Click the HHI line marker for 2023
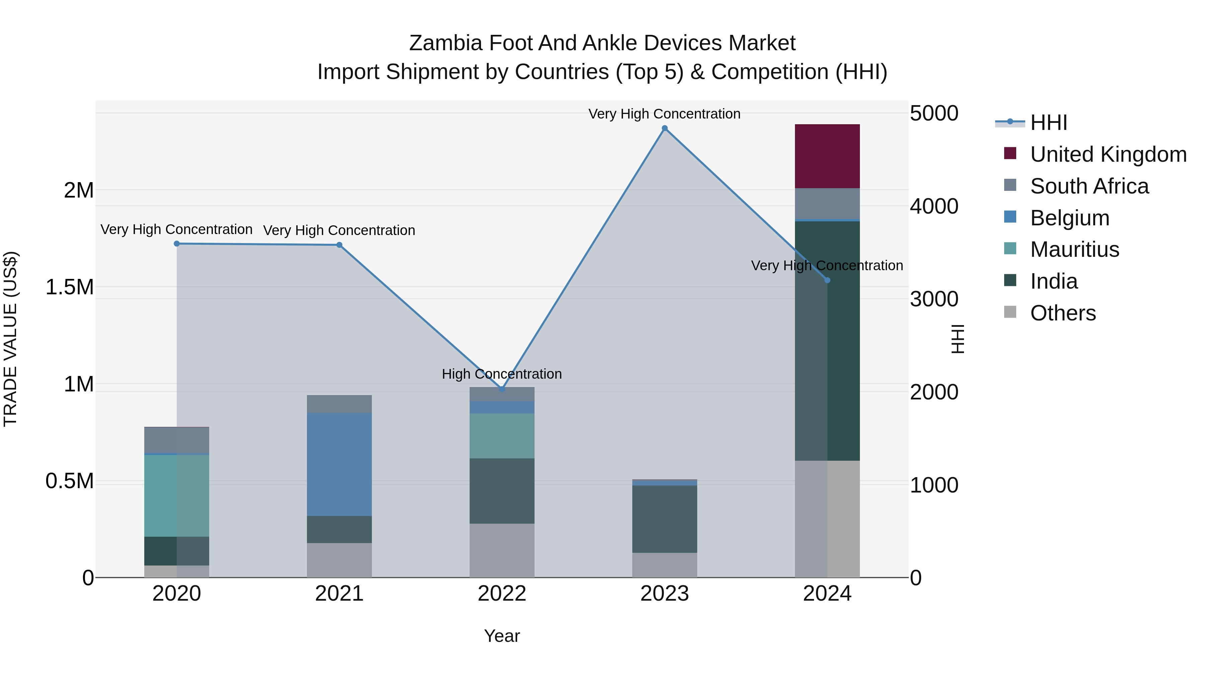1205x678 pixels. pyautogui.click(x=665, y=128)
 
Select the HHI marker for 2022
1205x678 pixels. pyautogui.click(x=502, y=389)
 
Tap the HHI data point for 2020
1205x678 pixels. pyautogui.click(x=177, y=244)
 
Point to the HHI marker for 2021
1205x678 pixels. pyautogui.click(x=340, y=245)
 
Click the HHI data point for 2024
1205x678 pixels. pyautogui.click(x=827, y=280)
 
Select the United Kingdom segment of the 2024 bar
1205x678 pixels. pyautogui.click(x=827, y=156)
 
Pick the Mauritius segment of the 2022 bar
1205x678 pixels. pyautogui.click(x=502, y=436)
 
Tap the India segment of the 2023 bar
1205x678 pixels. pyautogui.click(x=665, y=519)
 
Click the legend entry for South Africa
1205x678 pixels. pyautogui.click(x=1089, y=186)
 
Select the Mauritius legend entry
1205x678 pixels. pyautogui.click(x=1074, y=249)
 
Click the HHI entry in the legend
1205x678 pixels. pyautogui.click(x=1048, y=123)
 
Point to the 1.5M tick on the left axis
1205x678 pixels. pyautogui.click(x=70, y=287)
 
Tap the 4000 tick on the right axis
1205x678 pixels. pyautogui.click(x=934, y=206)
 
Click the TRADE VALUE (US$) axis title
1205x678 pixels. pyautogui.click(x=11, y=339)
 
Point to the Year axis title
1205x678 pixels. pyautogui.click(x=502, y=636)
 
